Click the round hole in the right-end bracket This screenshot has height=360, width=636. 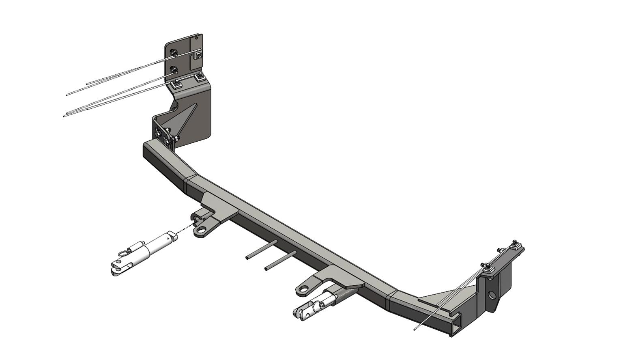(492, 294)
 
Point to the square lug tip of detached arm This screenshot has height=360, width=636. (174, 236)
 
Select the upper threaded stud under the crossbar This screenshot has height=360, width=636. (262, 250)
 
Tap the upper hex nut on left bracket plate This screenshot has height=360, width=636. (174, 53)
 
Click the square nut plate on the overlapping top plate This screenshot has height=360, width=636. (198, 55)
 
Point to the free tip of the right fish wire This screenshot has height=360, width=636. (414, 330)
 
